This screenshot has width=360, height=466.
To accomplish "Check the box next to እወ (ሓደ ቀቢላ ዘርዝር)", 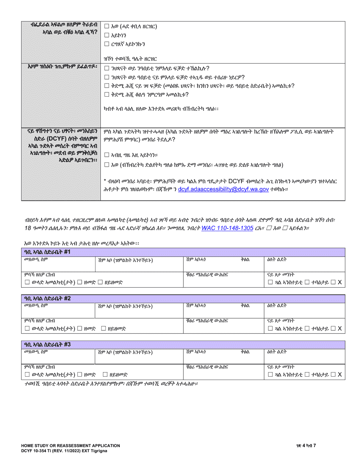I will coord(106,27).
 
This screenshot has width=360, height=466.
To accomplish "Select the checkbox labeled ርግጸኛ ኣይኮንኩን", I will coord(106,45).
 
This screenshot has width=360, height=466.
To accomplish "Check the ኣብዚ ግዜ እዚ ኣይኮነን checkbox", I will coord(106,154).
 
